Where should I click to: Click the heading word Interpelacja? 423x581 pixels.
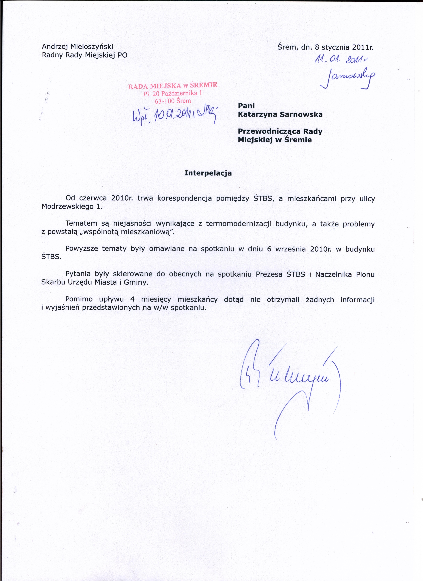coord(208,173)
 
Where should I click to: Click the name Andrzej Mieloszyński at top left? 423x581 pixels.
coord(77,47)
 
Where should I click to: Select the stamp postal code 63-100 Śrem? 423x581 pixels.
coord(173,101)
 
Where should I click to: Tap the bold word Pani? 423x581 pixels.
coord(246,106)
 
